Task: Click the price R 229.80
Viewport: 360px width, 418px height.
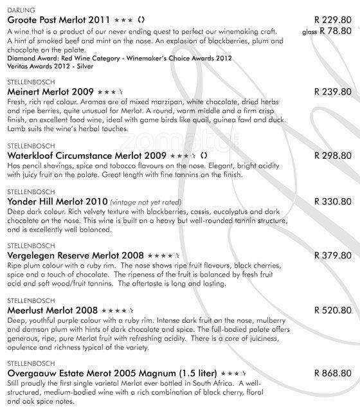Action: tap(333, 20)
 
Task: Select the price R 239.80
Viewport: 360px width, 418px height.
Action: tap(333, 92)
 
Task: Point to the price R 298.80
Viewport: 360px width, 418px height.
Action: tap(333, 156)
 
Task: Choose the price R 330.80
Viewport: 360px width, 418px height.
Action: tap(333, 201)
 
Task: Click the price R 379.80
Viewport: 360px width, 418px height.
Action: tap(333, 255)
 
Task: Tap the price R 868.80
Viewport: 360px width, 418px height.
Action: tap(333, 372)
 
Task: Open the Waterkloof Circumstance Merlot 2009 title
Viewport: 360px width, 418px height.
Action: tap(86, 156)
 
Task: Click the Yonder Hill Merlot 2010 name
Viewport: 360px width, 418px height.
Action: tap(55, 201)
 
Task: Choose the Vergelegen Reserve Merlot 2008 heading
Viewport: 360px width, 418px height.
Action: tap(75, 255)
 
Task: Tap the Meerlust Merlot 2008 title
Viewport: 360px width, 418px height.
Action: tap(52, 309)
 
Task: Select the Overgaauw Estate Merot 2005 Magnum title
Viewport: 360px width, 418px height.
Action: tap(111, 373)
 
